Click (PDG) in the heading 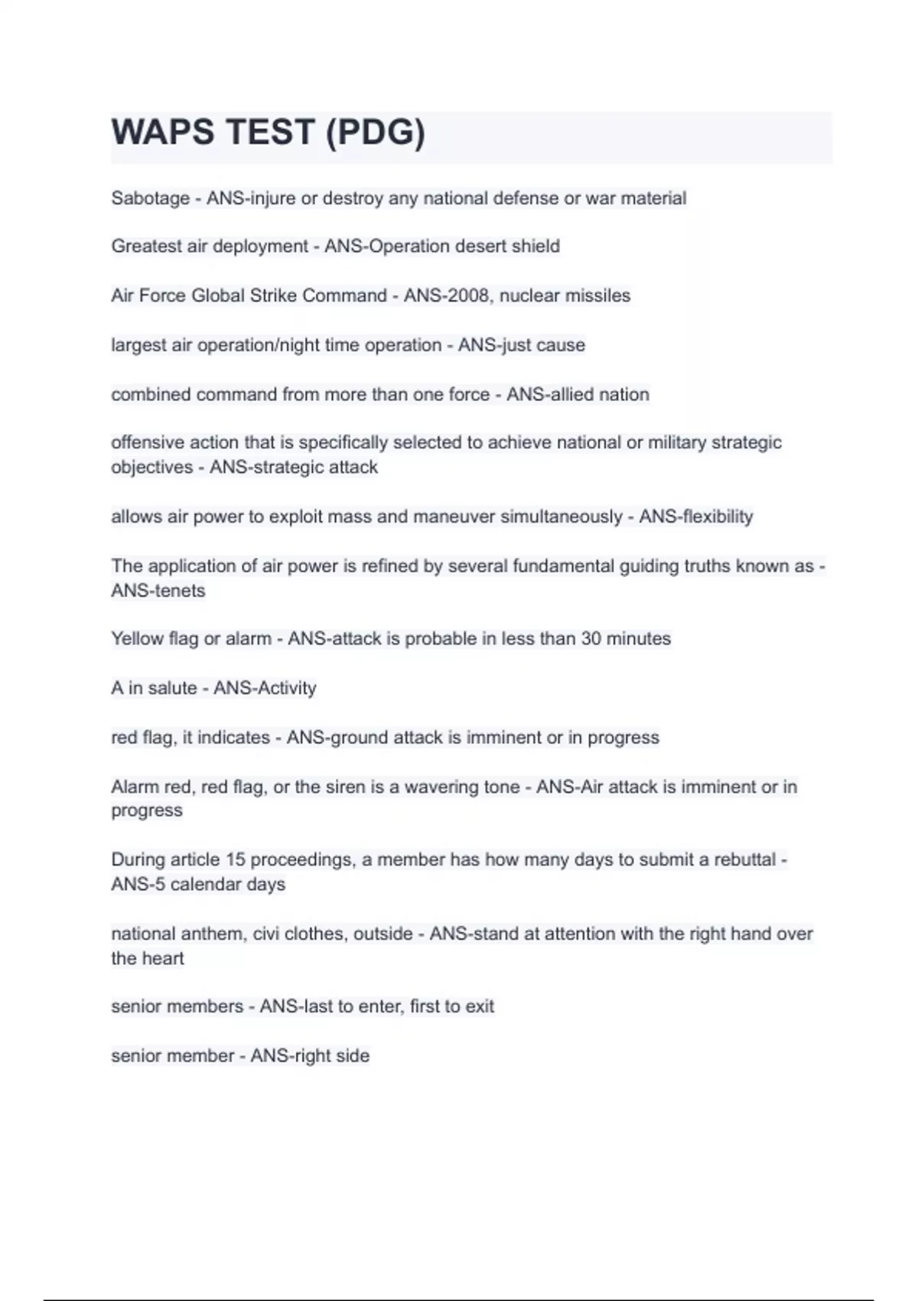coord(375,132)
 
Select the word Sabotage coord(150,198)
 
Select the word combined coord(151,395)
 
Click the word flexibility coord(718,517)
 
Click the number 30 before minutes coord(591,639)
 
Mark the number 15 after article coord(236,859)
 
